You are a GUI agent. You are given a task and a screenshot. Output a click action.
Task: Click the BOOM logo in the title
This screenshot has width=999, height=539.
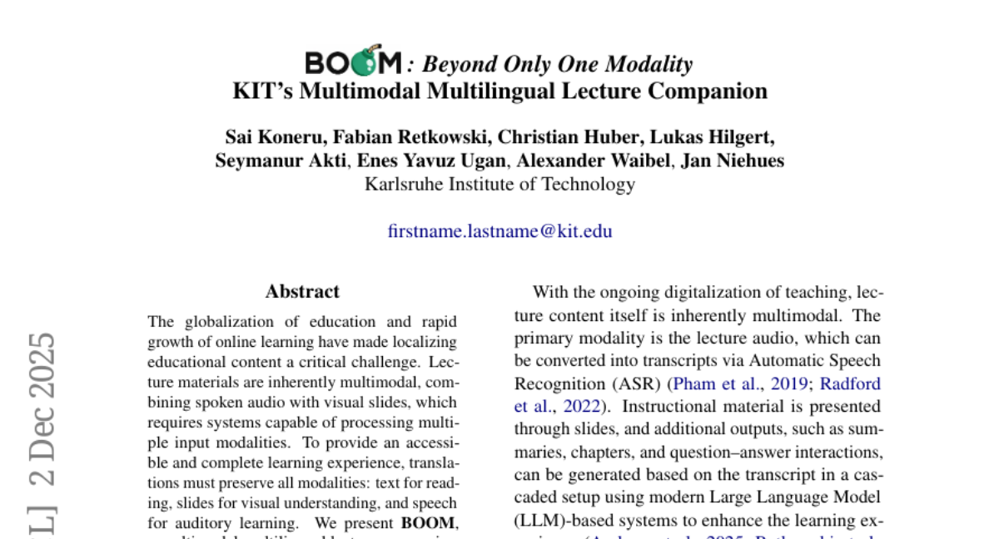pyautogui.click(x=353, y=62)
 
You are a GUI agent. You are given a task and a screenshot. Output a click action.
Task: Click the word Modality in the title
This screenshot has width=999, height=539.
pyautogui.click(x=649, y=64)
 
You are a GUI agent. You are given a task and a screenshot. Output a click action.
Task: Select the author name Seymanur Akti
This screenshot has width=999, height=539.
pyautogui.click(x=280, y=161)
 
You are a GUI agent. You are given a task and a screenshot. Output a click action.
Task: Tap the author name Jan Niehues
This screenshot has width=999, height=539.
pyautogui.click(x=733, y=161)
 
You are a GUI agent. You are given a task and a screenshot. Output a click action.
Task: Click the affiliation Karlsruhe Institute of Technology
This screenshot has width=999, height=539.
pyautogui.click(x=499, y=184)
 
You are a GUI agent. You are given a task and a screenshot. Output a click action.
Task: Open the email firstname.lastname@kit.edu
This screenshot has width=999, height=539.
pyautogui.click(x=499, y=231)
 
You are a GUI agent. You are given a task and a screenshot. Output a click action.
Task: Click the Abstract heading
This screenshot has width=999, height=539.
pyautogui.click(x=302, y=292)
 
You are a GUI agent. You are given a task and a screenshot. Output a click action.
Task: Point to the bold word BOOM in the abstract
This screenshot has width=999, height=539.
pyautogui.click(x=428, y=524)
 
